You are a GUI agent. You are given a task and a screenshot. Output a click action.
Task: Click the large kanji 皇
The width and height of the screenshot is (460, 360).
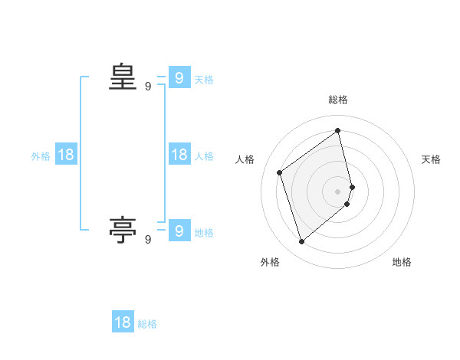[123, 77]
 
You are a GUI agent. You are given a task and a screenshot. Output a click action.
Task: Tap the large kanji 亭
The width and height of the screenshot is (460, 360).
[123, 229]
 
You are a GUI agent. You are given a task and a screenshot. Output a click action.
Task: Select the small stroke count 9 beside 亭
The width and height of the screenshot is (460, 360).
[148, 240]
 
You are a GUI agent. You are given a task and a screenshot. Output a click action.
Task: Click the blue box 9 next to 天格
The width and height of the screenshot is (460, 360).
[179, 78]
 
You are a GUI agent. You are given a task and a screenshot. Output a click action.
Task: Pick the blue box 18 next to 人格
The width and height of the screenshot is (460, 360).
[179, 155]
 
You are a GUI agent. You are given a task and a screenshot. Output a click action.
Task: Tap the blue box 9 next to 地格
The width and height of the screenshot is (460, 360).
[179, 230]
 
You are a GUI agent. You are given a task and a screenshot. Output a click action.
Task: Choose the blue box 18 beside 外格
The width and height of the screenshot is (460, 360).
[66, 155]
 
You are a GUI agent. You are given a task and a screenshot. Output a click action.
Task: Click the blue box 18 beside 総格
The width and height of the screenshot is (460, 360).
[123, 322]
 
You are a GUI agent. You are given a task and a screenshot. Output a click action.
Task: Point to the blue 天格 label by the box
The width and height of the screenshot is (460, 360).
[204, 80]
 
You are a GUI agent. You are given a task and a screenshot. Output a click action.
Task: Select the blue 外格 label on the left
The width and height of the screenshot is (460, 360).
[41, 156]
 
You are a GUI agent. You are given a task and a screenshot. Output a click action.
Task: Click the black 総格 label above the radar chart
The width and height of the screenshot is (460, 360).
[338, 100]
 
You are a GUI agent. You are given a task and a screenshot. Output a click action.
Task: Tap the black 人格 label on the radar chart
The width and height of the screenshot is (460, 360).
[245, 159]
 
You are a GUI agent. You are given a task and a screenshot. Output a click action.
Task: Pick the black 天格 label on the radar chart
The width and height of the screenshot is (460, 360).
[431, 159]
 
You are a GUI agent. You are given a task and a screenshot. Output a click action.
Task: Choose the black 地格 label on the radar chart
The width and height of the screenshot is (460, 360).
[402, 262]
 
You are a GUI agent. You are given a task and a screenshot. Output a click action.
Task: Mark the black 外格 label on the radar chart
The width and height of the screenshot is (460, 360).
[270, 262]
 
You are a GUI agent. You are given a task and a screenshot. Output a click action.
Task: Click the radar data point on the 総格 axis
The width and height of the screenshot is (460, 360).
[338, 131]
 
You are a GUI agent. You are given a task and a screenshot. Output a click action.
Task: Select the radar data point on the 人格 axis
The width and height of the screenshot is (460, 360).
[280, 172]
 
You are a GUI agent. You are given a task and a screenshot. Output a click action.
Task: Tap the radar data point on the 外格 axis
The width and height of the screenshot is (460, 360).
[301, 242]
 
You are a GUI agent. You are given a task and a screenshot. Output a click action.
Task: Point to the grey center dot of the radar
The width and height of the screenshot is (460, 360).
[338, 191]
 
